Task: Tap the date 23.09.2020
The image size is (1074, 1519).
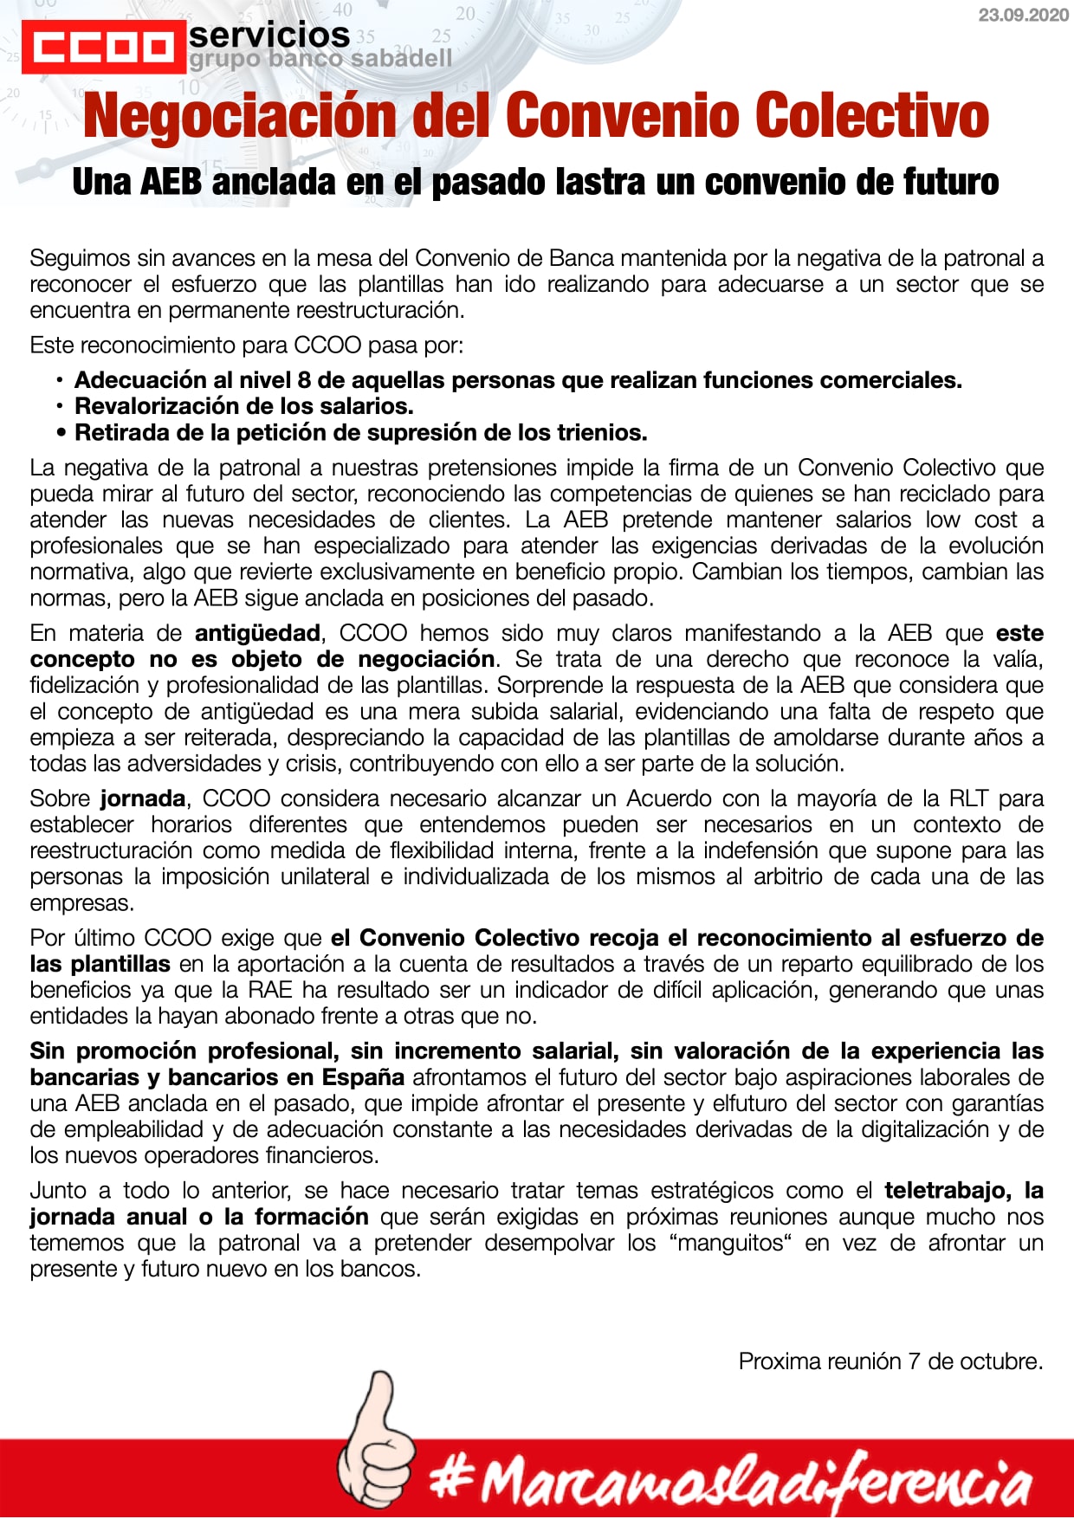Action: point(1023,16)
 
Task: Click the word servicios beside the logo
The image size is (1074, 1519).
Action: point(269,36)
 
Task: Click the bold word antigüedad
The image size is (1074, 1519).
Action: point(257,633)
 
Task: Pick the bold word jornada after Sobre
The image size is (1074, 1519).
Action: point(143,798)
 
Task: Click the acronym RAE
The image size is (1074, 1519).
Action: point(269,990)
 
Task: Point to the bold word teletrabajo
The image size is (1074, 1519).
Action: point(949,1191)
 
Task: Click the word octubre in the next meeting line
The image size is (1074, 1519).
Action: point(1005,1361)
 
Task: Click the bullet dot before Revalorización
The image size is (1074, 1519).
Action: point(60,406)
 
